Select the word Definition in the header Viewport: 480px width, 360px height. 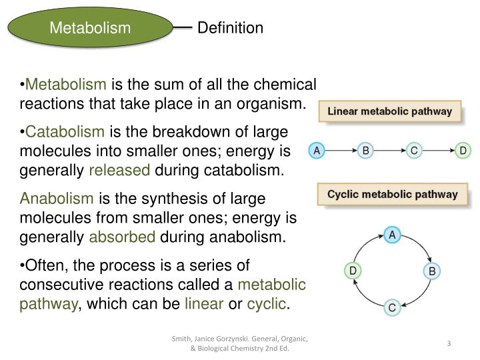click(231, 28)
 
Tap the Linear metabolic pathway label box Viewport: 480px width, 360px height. click(389, 111)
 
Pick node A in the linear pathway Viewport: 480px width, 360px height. click(317, 151)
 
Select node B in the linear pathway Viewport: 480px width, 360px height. click(365, 151)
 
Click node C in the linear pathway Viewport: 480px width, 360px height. click(414, 151)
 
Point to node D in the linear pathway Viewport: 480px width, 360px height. click(463, 151)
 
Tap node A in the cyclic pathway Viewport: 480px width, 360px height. click(392, 235)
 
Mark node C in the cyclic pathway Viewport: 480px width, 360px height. click(392, 307)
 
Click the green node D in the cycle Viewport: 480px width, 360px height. click(353, 271)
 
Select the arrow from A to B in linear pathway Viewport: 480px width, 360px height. click(341, 151)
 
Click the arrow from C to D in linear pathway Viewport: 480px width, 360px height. click(438, 151)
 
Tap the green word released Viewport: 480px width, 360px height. click(120, 171)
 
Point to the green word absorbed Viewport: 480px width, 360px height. click(122, 237)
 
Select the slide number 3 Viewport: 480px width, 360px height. click(449, 343)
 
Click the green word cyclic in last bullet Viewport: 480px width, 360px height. click(266, 305)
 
